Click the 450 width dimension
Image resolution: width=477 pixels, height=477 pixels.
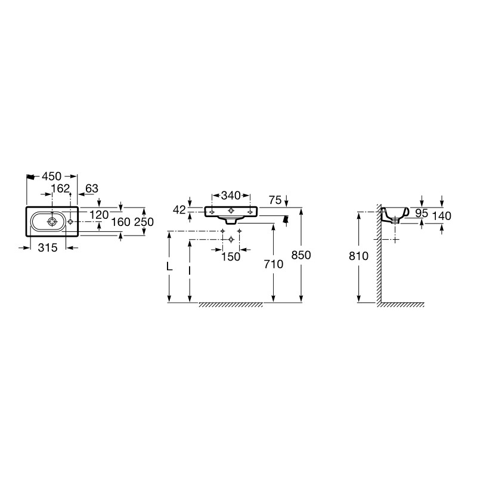(51, 176)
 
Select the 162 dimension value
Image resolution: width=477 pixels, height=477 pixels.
(61, 188)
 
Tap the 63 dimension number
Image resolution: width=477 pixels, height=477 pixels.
(92, 188)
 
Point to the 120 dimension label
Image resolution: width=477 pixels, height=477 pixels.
(100, 215)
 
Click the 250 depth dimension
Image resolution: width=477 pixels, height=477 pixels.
(144, 222)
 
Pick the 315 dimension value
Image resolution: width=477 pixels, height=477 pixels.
(48, 247)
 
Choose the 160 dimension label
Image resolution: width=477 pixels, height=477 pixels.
(120, 222)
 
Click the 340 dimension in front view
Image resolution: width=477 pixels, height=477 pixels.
(231, 196)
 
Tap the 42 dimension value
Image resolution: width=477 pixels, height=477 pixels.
(179, 210)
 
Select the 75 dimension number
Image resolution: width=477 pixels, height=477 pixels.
(275, 200)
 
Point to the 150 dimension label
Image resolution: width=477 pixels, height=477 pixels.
(231, 257)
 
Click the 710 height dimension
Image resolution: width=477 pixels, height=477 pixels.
(274, 264)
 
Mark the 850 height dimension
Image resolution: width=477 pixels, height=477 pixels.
(301, 255)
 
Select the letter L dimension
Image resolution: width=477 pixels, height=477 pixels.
(169, 267)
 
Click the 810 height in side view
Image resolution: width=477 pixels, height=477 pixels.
(358, 256)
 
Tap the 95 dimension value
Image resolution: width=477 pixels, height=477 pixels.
(422, 213)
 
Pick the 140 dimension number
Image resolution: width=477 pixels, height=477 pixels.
(441, 216)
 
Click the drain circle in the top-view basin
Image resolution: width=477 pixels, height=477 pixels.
(52, 222)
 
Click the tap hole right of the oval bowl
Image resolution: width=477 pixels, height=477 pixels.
(70, 221)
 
